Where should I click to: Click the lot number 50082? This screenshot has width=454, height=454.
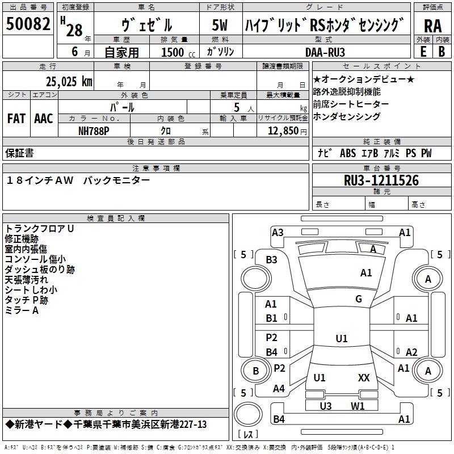coord(28,23)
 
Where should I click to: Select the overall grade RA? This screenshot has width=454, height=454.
coord(432,26)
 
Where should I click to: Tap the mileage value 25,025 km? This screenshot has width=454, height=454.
coord(69,82)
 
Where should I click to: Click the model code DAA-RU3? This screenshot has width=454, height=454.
coord(325,52)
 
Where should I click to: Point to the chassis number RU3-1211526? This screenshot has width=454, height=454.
coord(381,180)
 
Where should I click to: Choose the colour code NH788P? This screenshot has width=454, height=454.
coord(94,131)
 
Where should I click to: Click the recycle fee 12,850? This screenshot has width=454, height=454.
coord(283,131)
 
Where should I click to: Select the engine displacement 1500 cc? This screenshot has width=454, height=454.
coord(178,52)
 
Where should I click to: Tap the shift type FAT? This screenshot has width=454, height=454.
coord(16,119)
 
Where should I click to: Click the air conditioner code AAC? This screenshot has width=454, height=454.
coord(44,119)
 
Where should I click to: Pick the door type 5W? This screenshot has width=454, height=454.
coord(220,25)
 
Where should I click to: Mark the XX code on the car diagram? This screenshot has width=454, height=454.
coord(364,377)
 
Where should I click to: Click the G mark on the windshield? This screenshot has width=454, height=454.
coord(359,299)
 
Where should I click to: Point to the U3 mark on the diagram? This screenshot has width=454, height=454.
coord(325,406)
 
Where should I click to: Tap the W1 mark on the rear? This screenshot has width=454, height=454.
coord(358,406)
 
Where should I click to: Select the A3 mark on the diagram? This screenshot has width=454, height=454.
coord(278,233)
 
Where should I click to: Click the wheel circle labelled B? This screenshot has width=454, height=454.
coord(256,371)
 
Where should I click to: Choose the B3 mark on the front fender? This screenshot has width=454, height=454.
coord(271,260)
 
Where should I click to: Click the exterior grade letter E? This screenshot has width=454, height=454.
coord(423,52)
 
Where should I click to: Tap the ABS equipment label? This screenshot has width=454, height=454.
coord(348,153)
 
